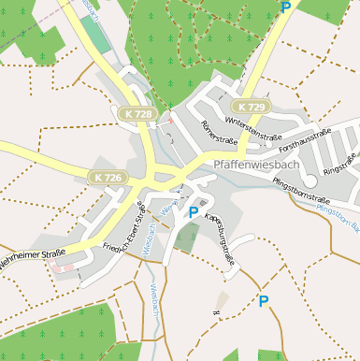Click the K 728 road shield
(x=137, y=114)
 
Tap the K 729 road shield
(x=251, y=108)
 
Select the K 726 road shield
(x=108, y=176)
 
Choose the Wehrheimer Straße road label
(x=33, y=258)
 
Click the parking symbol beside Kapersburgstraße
(x=194, y=212)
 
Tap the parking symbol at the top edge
(x=285, y=7)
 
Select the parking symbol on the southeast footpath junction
(x=263, y=301)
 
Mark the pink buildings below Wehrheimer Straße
(x=64, y=267)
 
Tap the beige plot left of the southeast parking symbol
(x=222, y=301)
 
